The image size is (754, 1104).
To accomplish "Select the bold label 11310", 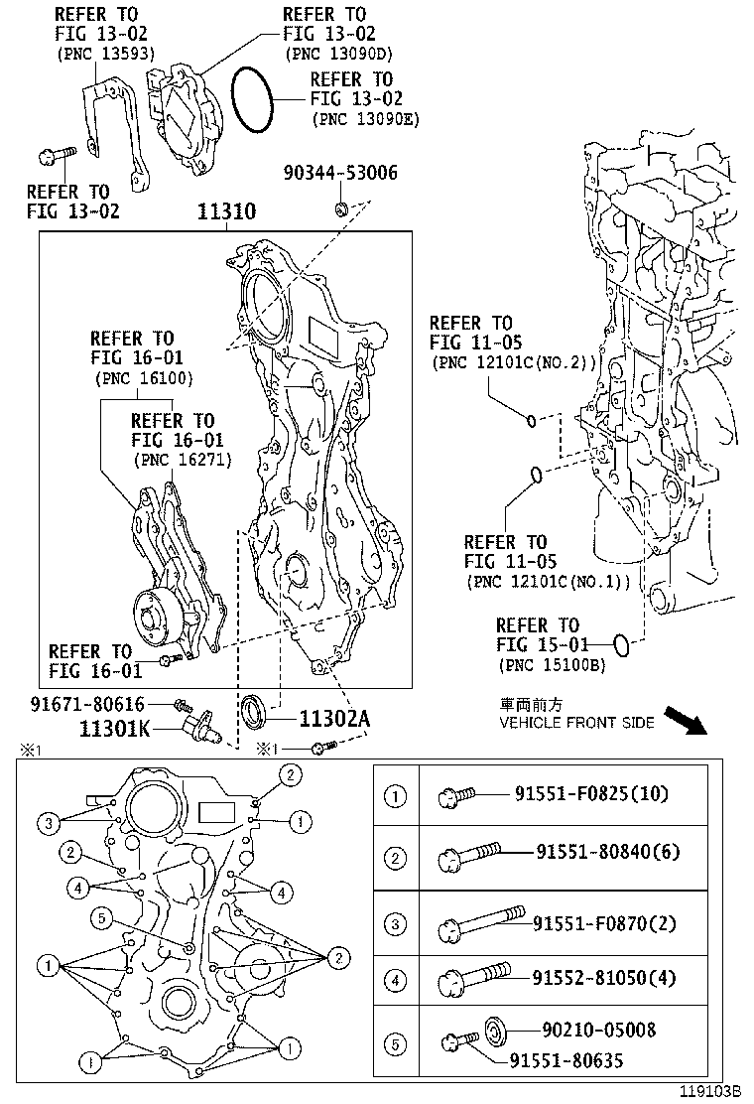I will coord(226,211).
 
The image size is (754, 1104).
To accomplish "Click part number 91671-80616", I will coord(86,703).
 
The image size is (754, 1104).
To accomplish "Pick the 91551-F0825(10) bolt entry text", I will coord(591,793).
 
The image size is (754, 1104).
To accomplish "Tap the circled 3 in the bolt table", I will coord(396,923).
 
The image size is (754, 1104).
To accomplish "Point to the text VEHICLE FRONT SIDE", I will coord(575,723).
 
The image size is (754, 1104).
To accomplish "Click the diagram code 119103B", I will coord(709,1091).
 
